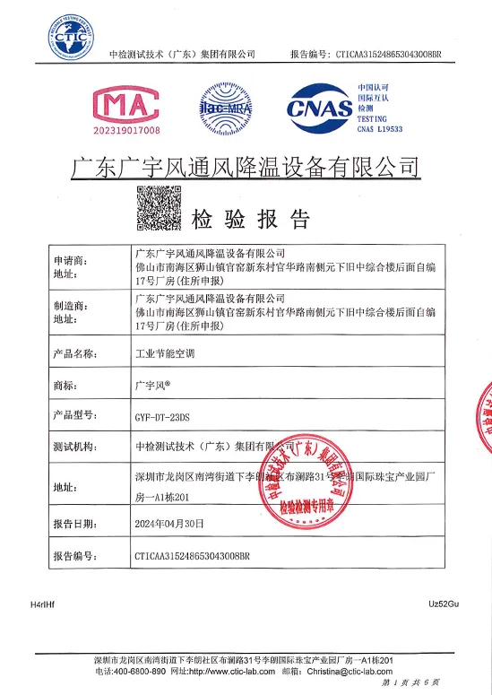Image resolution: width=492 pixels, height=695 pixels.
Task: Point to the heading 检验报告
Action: pos(252,219)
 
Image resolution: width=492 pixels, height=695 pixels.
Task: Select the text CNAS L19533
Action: pos(381,129)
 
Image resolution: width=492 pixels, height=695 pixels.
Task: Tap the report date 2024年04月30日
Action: pos(169,522)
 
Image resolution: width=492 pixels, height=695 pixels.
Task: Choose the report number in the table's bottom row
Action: pos(194,556)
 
